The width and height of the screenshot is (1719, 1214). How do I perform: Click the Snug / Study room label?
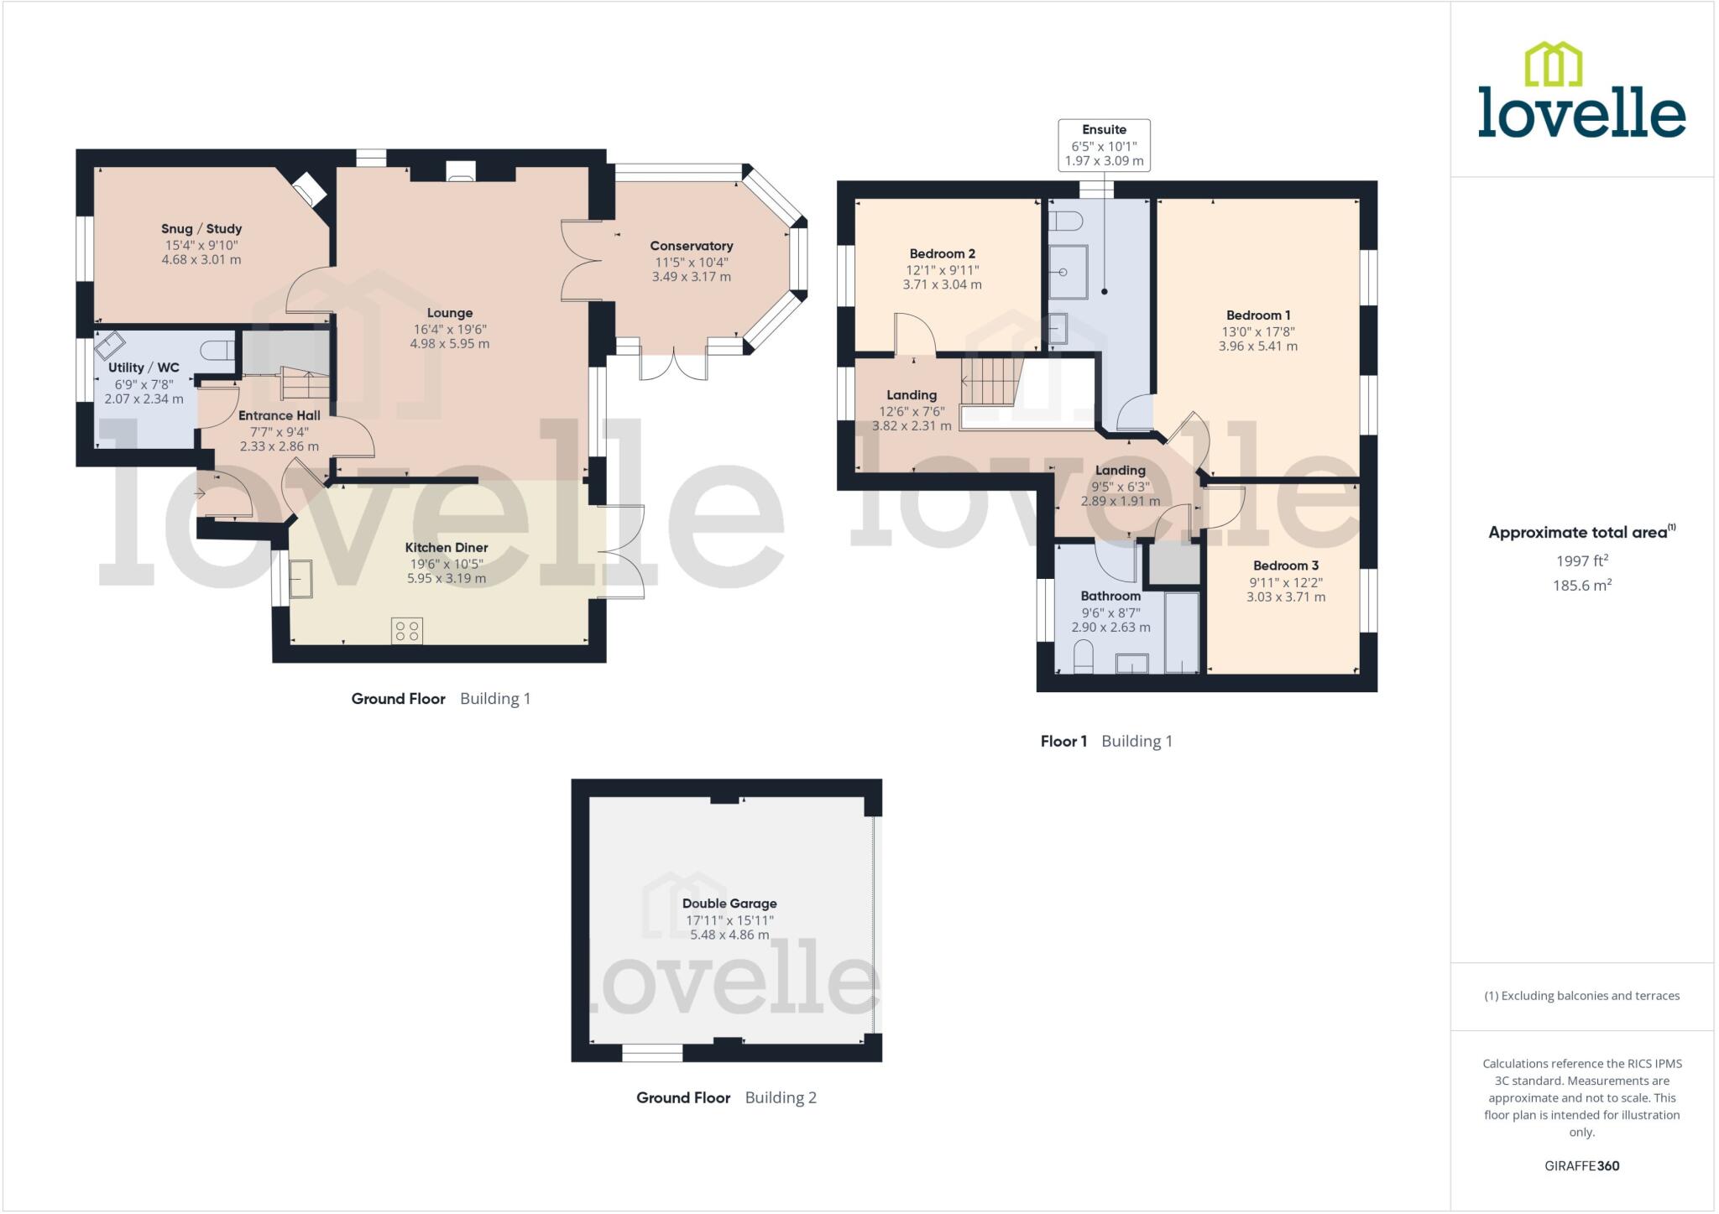pyautogui.click(x=201, y=229)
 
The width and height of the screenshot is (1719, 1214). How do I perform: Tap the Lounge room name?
pyautogui.click(x=450, y=313)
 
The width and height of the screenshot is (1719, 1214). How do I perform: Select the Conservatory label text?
pyautogui.click(x=692, y=246)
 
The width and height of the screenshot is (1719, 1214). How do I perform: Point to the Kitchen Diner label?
pyautogui.click(x=447, y=548)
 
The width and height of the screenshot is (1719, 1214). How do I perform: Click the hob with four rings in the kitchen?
pyautogui.click(x=407, y=631)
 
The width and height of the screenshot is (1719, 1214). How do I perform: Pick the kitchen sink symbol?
pyautogui.click(x=300, y=579)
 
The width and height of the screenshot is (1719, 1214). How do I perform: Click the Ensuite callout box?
pyautogui.click(x=1104, y=145)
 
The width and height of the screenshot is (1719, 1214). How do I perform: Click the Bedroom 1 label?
pyautogui.click(x=1258, y=315)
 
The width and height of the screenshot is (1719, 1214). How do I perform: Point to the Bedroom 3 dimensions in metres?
pyautogui.click(x=1286, y=597)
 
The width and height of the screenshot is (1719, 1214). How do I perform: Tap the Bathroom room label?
pyautogui.click(x=1110, y=597)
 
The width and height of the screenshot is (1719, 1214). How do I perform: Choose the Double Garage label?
pyautogui.click(x=729, y=904)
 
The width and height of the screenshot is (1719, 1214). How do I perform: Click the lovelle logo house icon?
pyautogui.click(x=1553, y=64)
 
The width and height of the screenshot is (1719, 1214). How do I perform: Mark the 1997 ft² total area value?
pyautogui.click(x=1581, y=560)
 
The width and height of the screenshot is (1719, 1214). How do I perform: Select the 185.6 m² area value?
pyautogui.click(x=1581, y=586)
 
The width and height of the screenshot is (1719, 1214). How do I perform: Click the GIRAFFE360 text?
pyautogui.click(x=1581, y=1165)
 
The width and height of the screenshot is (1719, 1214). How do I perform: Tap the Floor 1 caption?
pyautogui.click(x=1063, y=742)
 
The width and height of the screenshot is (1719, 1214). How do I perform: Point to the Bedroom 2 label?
pyautogui.click(x=943, y=254)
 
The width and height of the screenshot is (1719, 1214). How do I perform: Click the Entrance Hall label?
pyautogui.click(x=280, y=416)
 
